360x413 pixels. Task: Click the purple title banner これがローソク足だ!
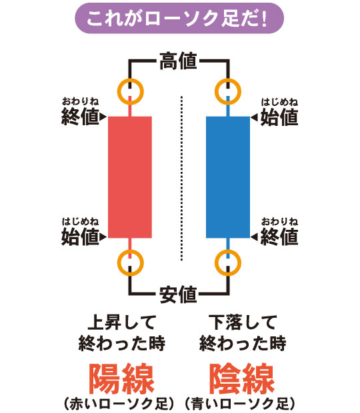point(179,18)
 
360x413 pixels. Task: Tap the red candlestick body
point(130,177)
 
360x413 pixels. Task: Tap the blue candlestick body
point(228,177)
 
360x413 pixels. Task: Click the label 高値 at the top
point(179,61)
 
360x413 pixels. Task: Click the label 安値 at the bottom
point(179,294)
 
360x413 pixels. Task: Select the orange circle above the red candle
point(117,92)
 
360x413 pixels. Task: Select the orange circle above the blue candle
point(215,92)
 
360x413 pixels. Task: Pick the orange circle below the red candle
point(117,263)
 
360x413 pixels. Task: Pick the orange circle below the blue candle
point(215,263)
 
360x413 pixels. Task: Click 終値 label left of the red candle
point(80,117)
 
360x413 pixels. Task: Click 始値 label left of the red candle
point(80,236)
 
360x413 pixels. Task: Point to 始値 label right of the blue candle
point(279,117)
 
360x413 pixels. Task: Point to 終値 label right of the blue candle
point(279,236)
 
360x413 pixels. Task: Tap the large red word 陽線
point(121,378)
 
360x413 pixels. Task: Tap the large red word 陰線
point(242,378)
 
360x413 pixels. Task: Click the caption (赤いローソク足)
point(119,404)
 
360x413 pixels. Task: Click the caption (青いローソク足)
point(240,404)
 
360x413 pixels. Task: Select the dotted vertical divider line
point(181,179)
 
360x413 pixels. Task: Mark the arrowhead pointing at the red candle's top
point(103,117)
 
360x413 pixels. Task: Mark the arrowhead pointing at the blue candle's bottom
point(254,236)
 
